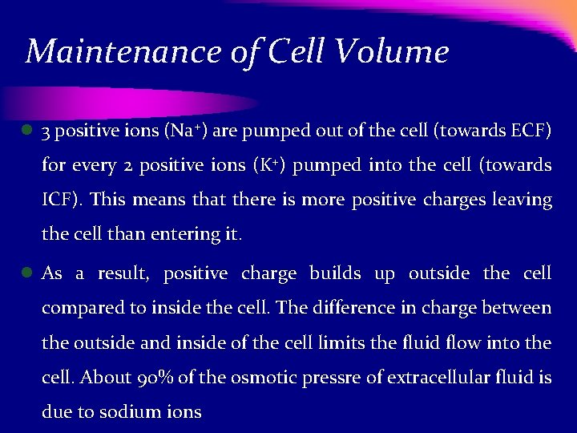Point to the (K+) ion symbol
point(266,165)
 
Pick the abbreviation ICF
point(61,200)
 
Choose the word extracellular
point(437,377)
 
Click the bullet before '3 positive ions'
point(26,130)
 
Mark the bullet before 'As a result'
point(26,273)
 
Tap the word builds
point(335,273)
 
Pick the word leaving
point(523,200)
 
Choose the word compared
point(79,309)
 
